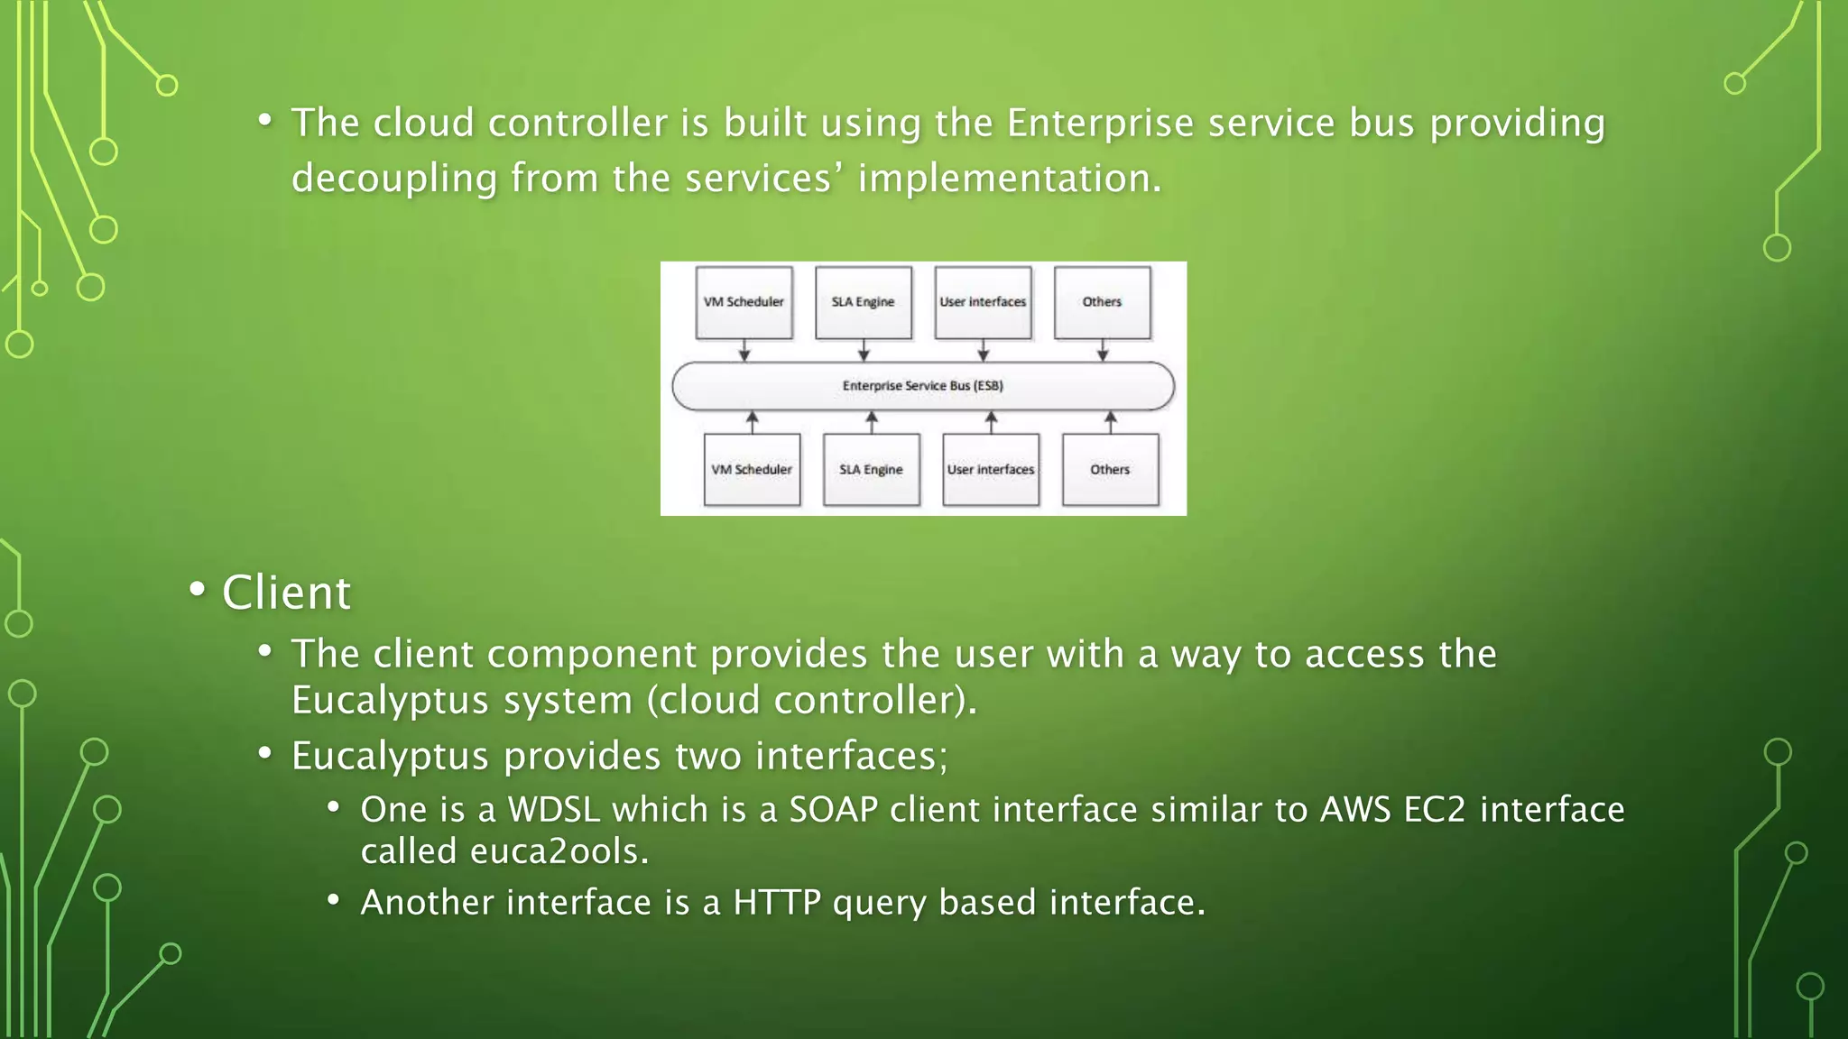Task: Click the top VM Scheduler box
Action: tap(744, 302)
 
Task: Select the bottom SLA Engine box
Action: tap(871, 470)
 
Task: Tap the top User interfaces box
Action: tap(983, 302)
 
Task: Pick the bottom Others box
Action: tap(1110, 470)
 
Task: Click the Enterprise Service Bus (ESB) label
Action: tap(922, 386)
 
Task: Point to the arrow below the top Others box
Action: tap(1103, 351)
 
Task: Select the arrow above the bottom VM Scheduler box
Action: tap(752, 421)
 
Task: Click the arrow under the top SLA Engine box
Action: tap(864, 351)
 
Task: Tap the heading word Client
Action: tap(286, 593)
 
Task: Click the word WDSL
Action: tap(553, 810)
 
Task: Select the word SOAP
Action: tap(833, 810)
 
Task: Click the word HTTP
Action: tap(776, 903)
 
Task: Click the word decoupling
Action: tap(393, 179)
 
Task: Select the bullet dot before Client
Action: tap(197, 590)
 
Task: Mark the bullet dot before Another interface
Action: tap(334, 899)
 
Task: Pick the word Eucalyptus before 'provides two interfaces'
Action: tap(390, 756)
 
